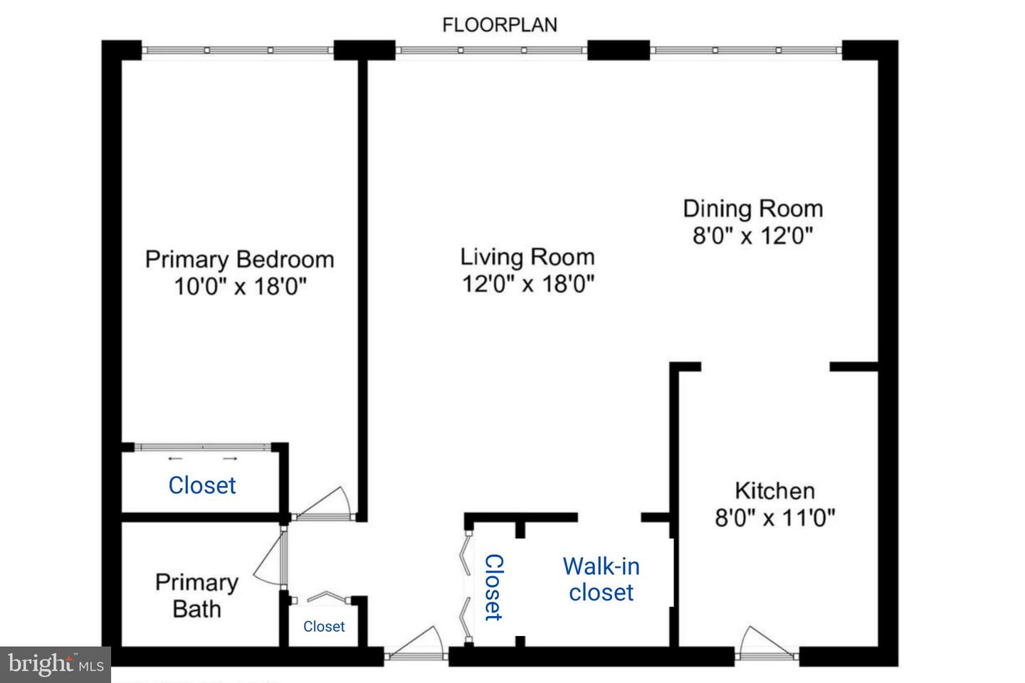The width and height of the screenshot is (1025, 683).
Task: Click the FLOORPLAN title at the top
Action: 500,25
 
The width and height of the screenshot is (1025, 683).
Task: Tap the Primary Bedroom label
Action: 239,259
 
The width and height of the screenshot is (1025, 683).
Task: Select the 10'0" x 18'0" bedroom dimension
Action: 240,287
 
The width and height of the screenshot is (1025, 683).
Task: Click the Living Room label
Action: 527,257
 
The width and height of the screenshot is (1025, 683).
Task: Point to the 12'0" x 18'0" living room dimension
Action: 527,284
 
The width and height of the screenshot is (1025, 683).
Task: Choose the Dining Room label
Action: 752,208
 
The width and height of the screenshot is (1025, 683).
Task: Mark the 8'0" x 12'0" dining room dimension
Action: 752,235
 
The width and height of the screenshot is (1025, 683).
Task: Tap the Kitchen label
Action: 774,490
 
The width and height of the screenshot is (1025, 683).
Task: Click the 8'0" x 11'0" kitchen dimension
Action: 774,517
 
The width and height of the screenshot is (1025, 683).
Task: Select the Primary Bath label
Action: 196,595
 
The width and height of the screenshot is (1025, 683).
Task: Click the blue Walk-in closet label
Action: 601,579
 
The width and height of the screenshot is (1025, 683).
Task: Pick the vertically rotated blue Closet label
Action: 493,587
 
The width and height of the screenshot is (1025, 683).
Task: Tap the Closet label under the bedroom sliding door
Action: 202,485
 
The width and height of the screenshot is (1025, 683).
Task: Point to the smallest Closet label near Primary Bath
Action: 324,626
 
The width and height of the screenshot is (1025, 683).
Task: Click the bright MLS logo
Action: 56,665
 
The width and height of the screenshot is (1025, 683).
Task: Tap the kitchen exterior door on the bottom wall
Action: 765,644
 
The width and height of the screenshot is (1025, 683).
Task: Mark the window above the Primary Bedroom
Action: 237,50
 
